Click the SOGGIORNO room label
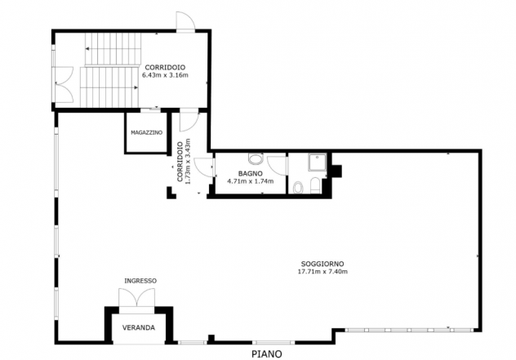[322, 264]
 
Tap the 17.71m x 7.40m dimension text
[322, 272]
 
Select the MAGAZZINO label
[146, 132]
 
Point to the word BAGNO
[251, 173]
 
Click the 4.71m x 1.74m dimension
[251, 181]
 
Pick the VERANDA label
[139, 327]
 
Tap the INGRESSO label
[140, 281]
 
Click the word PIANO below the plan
[267, 354]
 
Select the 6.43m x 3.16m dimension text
[165, 75]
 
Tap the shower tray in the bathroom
[318, 162]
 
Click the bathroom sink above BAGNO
[256, 159]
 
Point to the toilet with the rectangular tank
[315, 185]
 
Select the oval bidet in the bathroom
[298, 188]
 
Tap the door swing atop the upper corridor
[185, 20]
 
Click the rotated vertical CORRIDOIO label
[180, 162]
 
